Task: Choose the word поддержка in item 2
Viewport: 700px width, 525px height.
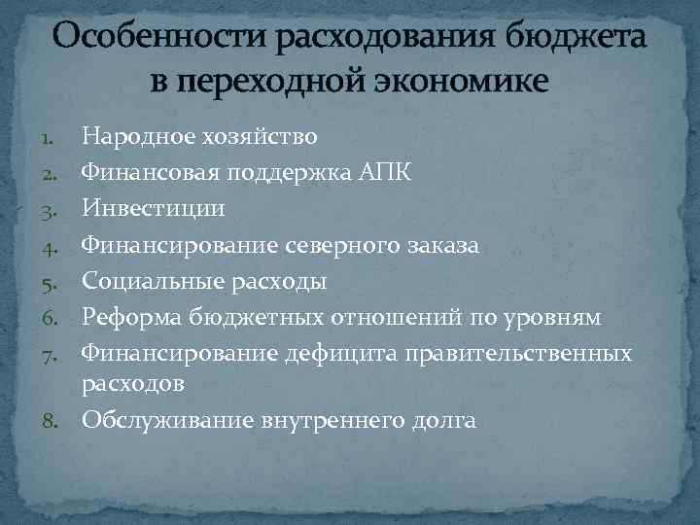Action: tap(291, 172)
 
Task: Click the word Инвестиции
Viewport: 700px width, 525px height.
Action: tap(153, 208)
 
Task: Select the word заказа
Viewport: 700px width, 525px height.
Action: tap(440, 244)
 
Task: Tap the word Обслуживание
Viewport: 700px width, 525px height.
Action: tap(157, 421)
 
